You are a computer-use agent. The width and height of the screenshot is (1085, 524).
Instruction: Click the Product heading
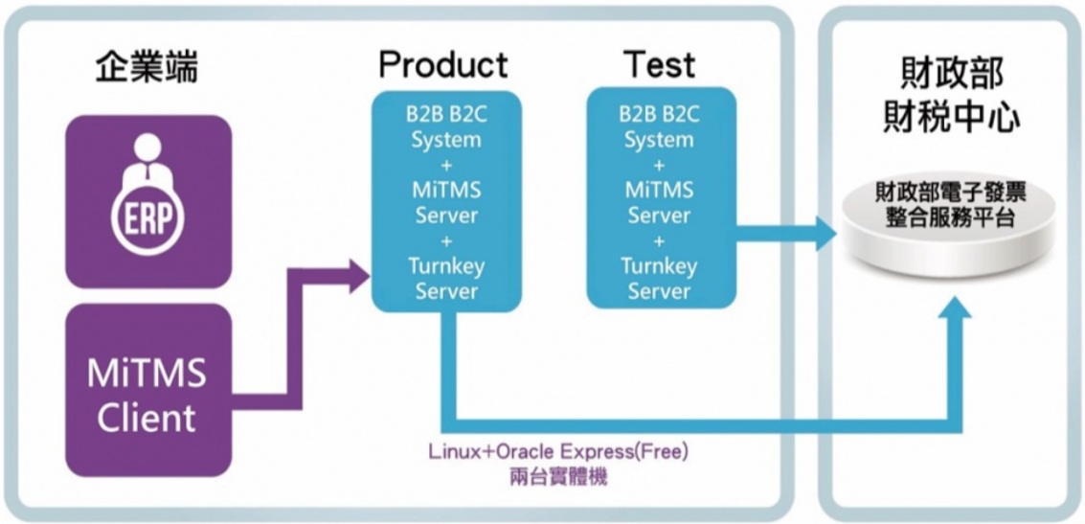click(x=442, y=66)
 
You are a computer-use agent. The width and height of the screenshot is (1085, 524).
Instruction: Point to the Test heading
click(x=660, y=64)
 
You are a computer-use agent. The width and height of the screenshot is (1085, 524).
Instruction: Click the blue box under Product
click(x=446, y=201)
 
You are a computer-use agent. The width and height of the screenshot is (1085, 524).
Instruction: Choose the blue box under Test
click(x=661, y=198)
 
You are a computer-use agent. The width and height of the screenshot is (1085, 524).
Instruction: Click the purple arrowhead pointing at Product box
click(x=358, y=277)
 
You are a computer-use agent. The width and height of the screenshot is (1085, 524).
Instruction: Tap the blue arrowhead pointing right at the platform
click(x=825, y=233)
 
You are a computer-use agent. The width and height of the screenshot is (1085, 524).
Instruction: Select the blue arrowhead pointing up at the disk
click(x=956, y=308)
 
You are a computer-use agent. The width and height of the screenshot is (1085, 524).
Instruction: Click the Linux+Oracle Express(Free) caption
click(x=558, y=453)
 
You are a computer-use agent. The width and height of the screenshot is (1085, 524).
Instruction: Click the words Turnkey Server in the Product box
click(x=446, y=278)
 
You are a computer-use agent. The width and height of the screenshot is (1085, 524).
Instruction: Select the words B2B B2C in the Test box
click(x=661, y=114)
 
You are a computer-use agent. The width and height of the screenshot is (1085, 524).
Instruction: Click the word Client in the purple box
click(x=146, y=419)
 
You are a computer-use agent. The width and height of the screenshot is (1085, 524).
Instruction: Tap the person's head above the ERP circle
click(x=147, y=146)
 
